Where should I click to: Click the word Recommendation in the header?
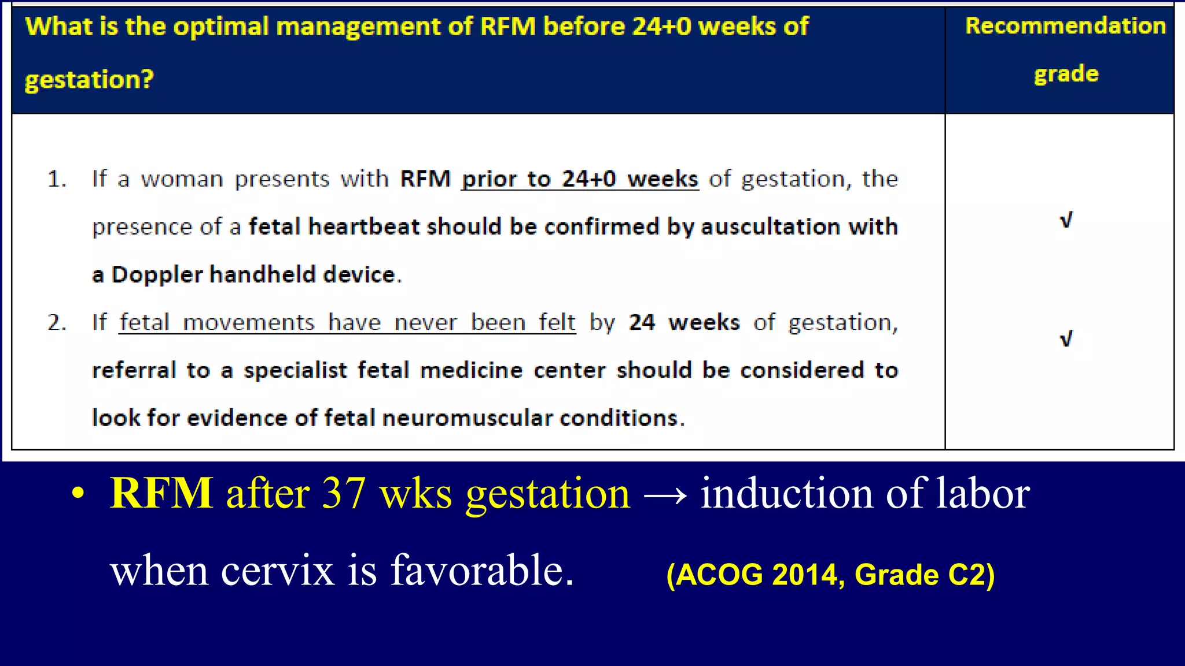point(1065,26)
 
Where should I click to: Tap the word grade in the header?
point(1066,75)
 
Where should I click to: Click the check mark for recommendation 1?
point(1066,220)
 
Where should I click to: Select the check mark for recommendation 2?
point(1066,339)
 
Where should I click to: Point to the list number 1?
point(56,179)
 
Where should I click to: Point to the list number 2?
point(56,323)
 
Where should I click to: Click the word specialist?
point(295,371)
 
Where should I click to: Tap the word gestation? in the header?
point(89,79)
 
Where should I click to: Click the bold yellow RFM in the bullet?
point(161,493)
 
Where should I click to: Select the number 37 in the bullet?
point(344,493)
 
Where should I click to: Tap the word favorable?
point(482,570)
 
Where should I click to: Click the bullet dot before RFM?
point(78,494)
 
